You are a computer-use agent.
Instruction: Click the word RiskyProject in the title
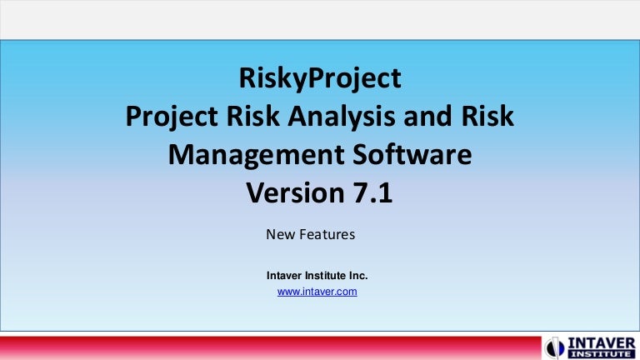320,80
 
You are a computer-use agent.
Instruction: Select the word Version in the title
292,193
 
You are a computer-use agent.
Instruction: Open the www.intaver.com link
317,292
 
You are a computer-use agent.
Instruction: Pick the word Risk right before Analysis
252,118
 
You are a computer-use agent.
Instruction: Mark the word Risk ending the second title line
490,118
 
